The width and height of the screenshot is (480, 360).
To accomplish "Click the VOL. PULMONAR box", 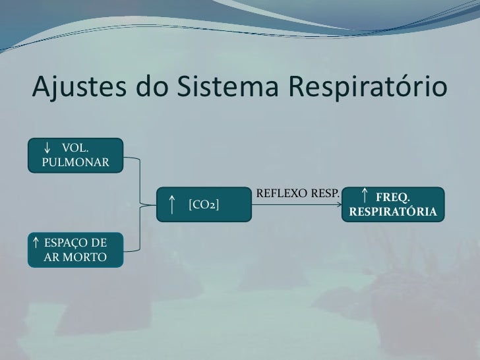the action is point(75,154).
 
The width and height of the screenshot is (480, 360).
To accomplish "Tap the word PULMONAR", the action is point(75,162).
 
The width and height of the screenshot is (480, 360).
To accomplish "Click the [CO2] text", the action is point(204,204).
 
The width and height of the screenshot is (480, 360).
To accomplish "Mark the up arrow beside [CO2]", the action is point(171,204).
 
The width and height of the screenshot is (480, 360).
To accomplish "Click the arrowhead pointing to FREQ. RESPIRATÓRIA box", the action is point(338,205).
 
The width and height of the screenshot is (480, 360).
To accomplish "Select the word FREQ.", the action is point(393,197).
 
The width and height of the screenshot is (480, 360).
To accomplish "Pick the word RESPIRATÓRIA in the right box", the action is point(393,213).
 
